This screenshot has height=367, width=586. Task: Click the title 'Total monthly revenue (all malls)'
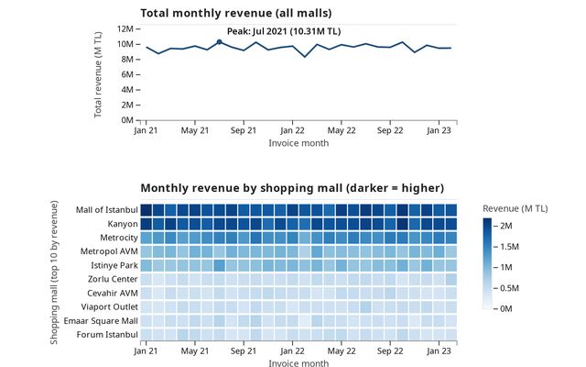(235, 13)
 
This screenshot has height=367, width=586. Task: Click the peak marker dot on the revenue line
(219, 42)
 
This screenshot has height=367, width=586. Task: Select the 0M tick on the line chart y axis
(130, 120)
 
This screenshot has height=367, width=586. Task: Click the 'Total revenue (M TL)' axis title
(99, 73)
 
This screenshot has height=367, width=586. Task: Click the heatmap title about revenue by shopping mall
(292, 187)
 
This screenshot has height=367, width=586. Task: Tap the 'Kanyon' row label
(120, 224)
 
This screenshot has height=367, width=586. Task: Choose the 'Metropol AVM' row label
(108, 251)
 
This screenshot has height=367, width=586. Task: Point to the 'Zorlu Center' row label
(112, 279)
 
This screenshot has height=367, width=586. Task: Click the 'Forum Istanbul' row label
(109, 334)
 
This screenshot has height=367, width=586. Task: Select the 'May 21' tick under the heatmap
(195, 351)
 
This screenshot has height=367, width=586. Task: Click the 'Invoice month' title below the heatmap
(298, 363)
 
